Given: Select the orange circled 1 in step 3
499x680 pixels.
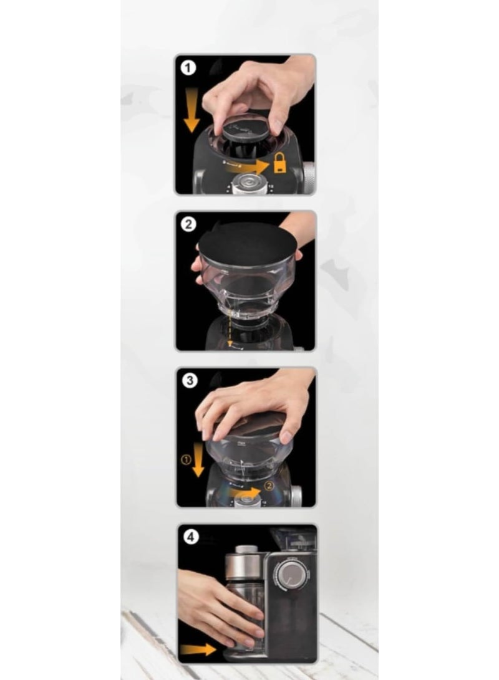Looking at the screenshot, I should tap(185, 460).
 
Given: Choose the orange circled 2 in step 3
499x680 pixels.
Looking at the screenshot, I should tap(269, 485).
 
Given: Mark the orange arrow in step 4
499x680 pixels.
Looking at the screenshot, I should tap(198, 649).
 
